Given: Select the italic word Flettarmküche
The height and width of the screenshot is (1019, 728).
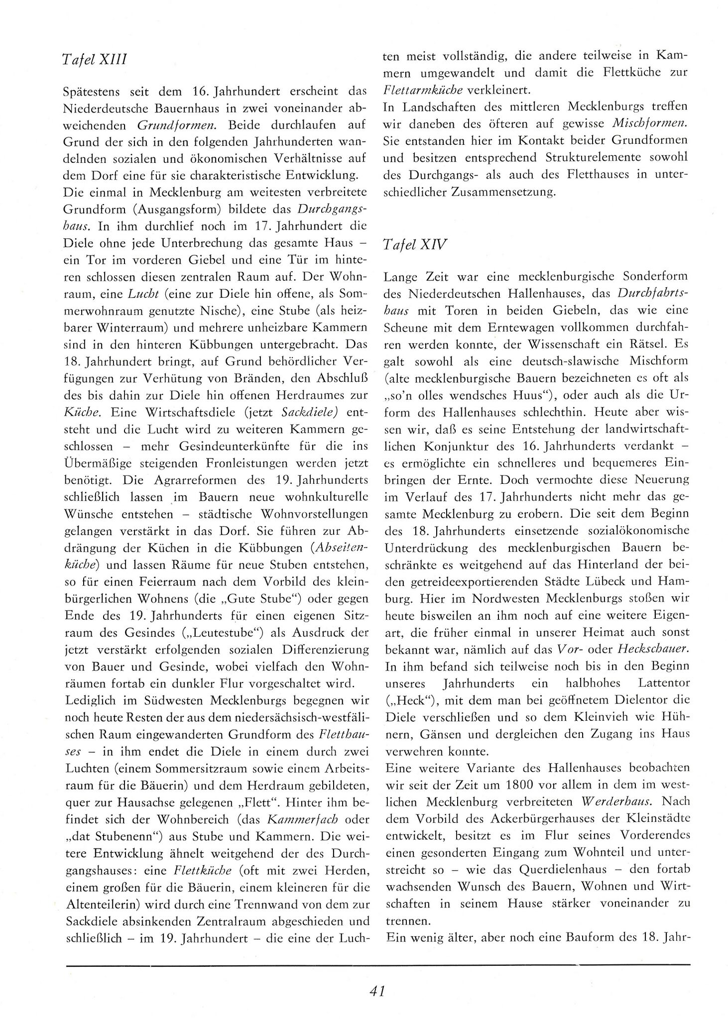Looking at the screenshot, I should coord(424,90).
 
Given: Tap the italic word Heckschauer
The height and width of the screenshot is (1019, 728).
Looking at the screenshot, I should coord(653,650).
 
